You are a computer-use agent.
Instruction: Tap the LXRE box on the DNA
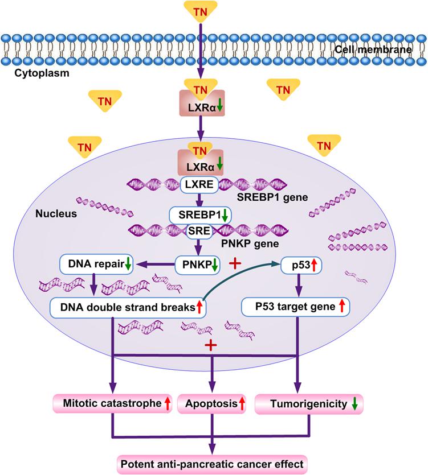199,185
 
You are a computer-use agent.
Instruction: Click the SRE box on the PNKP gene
199,230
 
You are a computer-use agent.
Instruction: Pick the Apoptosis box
213,404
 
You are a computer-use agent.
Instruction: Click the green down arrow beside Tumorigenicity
354,404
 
